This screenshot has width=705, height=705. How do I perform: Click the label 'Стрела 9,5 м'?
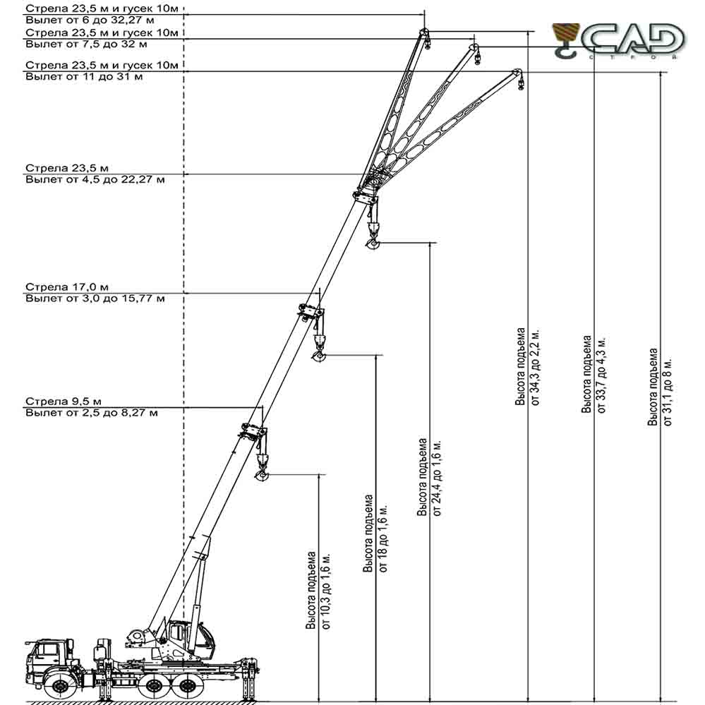[64, 401]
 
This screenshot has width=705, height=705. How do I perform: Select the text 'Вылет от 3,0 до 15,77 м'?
[95, 298]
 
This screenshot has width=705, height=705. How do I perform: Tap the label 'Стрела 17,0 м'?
[67, 287]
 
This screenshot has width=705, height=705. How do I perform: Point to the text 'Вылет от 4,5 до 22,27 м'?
[95, 179]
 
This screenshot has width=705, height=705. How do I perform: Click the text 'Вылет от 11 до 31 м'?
[84, 76]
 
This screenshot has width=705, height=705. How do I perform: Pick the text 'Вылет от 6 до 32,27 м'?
[90, 20]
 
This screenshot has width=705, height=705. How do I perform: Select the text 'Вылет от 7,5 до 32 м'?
[86, 44]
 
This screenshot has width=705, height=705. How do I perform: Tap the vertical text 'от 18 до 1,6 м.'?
[383, 538]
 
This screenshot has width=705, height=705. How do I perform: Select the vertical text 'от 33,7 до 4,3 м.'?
[601, 375]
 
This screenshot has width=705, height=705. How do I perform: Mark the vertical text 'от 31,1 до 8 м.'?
[668, 392]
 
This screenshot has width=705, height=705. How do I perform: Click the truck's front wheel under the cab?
[59, 686]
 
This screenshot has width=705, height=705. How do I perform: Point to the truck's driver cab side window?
[47, 650]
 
